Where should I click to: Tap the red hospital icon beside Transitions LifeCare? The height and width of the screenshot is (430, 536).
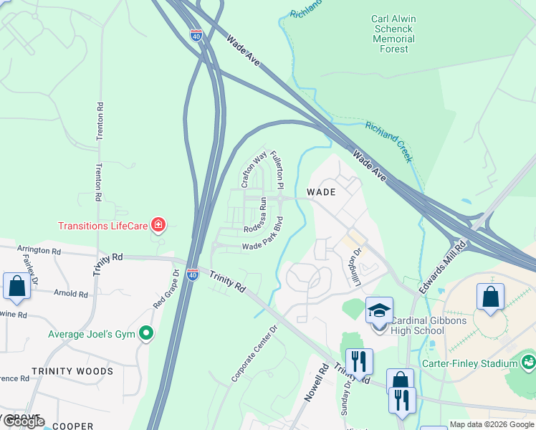(157, 226)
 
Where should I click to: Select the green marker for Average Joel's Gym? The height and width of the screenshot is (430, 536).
(147, 333)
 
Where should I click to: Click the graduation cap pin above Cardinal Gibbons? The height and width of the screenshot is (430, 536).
(379, 311)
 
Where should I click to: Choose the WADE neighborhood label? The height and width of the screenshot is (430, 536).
(321, 192)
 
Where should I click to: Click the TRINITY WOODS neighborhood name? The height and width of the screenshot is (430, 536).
(72, 371)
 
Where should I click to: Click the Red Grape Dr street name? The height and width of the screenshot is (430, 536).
(166, 290)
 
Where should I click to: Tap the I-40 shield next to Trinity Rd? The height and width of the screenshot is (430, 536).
(192, 274)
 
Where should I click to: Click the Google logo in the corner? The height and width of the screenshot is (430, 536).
(24, 422)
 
